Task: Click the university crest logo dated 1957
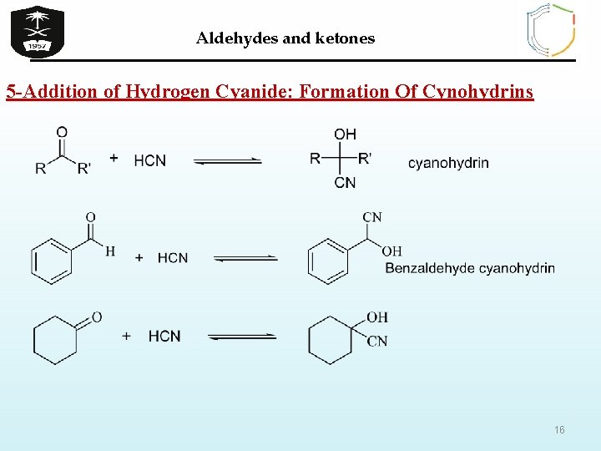tap(38, 31)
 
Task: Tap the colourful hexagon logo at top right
tap(551, 30)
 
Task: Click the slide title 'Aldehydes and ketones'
tap(285, 38)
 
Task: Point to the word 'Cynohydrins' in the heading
tap(478, 91)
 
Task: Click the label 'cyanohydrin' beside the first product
tap(448, 163)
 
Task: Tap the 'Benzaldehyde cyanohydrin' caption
tap(470, 268)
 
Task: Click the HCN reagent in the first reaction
tap(149, 160)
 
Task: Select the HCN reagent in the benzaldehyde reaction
tap(173, 258)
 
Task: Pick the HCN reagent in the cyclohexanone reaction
tap(164, 336)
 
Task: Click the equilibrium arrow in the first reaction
tap(228, 161)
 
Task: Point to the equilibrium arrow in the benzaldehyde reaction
tap(245, 258)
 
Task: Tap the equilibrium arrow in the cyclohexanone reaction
tap(242, 337)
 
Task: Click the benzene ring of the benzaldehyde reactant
tap(52, 261)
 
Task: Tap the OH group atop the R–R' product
tap(345, 134)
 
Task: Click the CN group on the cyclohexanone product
tap(376, 341)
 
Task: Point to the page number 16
tap(559, 429)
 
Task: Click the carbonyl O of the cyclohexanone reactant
tap(97, 317)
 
